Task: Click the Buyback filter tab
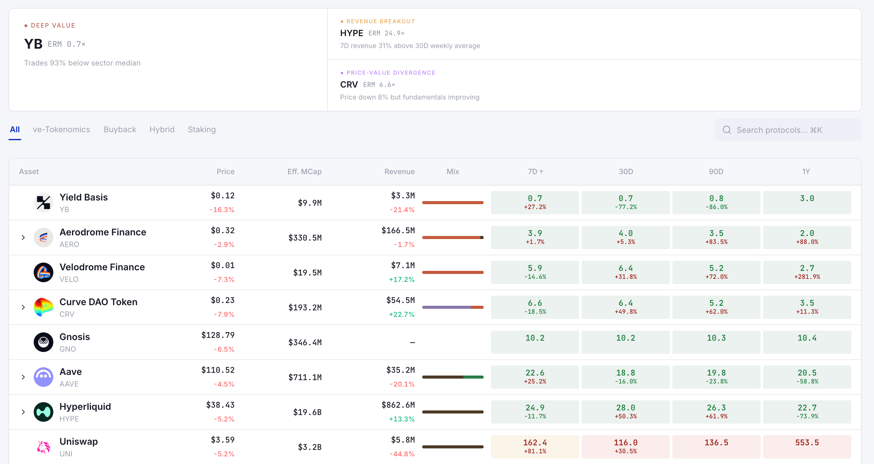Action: click(120, 129)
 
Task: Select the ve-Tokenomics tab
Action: click(61, 129)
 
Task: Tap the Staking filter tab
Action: click(202, 129)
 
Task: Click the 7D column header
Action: click(535, 171)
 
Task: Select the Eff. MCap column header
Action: click(304, 171)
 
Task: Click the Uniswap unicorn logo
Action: click(44, 447)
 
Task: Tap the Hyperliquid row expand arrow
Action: click(23, 412)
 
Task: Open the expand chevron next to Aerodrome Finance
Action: click(23, 238)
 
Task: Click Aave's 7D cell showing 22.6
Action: click(535, 376)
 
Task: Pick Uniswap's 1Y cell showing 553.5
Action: click(807, 446)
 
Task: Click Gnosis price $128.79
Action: click(218, 335)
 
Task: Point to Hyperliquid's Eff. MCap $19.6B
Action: click(307, 412)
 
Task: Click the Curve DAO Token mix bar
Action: click(453, 307)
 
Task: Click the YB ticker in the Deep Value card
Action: click(33, 44)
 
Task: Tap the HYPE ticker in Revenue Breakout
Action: click(351, 33)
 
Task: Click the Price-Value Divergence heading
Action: click(390, 73)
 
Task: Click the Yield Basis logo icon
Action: click(44, 203)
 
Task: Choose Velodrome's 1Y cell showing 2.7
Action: click(807, 272)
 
